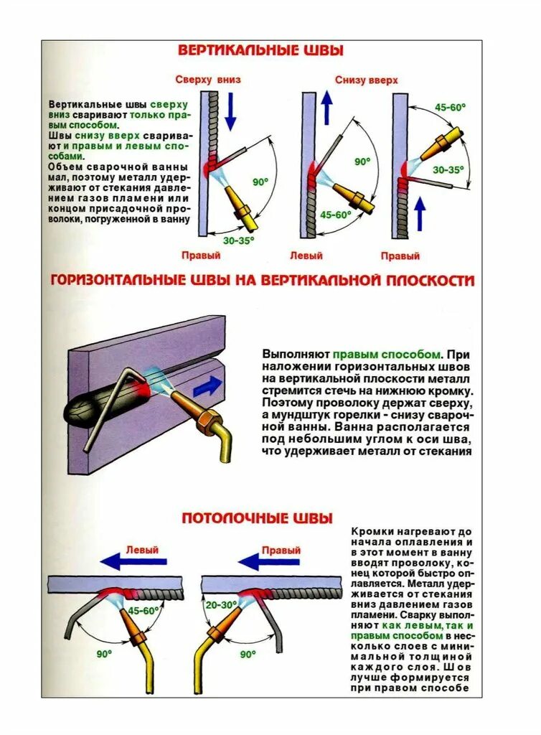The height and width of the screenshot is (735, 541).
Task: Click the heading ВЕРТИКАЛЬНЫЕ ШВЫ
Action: click(x=260, y=50)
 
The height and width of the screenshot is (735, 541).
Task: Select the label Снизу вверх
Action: click(x=366, y=80)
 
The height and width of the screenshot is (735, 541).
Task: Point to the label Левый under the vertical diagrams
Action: click(x=306, y=256)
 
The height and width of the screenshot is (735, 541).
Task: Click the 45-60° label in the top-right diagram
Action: click(x=450, y=107)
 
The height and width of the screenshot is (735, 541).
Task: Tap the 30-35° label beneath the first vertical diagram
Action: click(x=238, y=241)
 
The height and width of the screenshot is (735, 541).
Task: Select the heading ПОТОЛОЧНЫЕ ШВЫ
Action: click(x=256, y=518)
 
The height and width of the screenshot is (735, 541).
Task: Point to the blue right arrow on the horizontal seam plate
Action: click(x=208, y=386)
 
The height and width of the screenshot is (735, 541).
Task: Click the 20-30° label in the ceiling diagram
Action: click(x=221, y=605)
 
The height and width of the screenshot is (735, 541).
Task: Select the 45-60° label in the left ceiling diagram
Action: click(x=144, y=611)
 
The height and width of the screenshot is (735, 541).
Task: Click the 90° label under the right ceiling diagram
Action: click(x=248, y=655)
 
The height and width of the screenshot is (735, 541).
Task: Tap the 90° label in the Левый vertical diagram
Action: click(x=361, y=162)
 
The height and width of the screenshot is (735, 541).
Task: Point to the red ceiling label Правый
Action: click(x=281, y=551)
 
